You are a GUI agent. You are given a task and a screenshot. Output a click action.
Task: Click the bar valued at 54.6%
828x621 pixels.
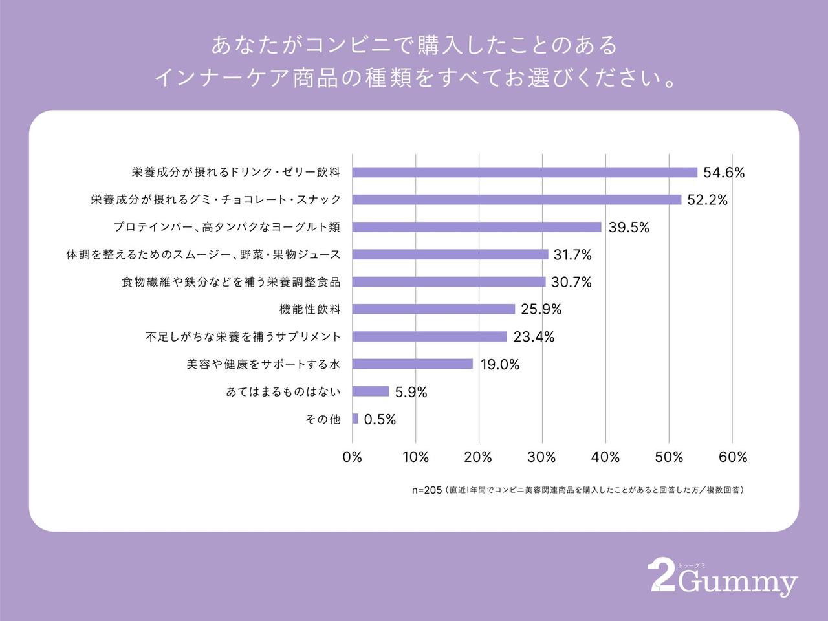pos(525,172)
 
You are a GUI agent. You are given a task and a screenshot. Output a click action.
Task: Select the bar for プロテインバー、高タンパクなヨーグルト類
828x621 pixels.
pos(477,227)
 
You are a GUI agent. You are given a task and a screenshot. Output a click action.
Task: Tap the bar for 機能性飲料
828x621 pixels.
pos(433,309)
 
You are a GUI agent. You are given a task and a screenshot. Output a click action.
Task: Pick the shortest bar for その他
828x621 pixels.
pos(355,419)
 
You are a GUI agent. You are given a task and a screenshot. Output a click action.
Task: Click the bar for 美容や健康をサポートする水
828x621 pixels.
pos(413,364)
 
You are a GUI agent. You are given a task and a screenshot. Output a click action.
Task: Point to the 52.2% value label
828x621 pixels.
pos(707,200)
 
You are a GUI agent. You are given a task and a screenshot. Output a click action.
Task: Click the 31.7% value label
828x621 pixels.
pos(572,255)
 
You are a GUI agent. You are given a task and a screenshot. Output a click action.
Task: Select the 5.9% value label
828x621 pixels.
pos(411,392)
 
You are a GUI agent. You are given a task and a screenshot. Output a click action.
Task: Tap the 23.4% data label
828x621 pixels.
pos(534,337)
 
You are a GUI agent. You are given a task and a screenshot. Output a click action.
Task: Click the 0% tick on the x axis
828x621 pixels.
pos(352,457)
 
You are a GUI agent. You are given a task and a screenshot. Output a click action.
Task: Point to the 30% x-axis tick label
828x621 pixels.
pos(541,457)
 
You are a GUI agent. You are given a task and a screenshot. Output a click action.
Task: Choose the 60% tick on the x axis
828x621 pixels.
pos(732,457)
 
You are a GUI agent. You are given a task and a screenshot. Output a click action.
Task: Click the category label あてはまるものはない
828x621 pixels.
pos(283,392)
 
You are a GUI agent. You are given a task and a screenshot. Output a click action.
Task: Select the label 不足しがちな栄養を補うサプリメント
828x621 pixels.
pos(243,337)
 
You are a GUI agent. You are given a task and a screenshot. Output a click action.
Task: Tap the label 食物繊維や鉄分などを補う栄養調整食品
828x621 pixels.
pos(230,282)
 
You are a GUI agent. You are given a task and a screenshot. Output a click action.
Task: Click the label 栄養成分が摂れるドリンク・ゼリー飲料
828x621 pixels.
pos(235,173)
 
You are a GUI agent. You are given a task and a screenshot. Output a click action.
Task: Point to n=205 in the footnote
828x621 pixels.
pos(426,490)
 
